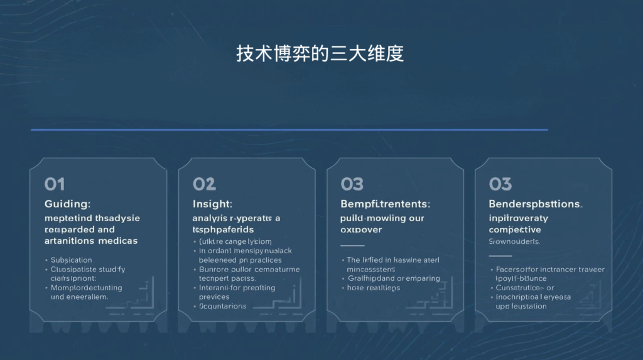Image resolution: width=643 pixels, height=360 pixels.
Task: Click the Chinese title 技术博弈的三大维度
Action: [320, 54]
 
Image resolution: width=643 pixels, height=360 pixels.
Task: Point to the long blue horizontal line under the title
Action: [289, 130]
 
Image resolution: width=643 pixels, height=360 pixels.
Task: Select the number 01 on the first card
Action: [55, 184]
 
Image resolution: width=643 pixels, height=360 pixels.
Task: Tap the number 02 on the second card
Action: [204, 184]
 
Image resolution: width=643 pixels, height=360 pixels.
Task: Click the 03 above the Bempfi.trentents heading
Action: [352, 184]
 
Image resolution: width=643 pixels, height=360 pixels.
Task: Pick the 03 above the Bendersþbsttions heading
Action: [500, 184]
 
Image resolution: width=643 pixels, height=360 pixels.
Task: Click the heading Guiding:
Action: [68, 204]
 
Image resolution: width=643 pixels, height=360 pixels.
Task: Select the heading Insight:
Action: [212, 204]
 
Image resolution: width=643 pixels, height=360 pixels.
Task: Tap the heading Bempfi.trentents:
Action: [386, 204]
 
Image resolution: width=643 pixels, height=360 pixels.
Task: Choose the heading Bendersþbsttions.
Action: [536, 204]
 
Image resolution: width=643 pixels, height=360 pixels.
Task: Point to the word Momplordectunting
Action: [86, 288]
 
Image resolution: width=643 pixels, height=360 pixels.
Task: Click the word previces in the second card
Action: [214, 297]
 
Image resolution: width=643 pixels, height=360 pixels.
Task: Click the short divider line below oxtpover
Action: [352, 246]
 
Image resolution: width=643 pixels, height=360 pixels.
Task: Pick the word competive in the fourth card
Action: [515, 230]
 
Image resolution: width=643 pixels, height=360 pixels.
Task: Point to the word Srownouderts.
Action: [514, 241]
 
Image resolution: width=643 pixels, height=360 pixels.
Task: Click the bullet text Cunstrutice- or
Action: [521, 288]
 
